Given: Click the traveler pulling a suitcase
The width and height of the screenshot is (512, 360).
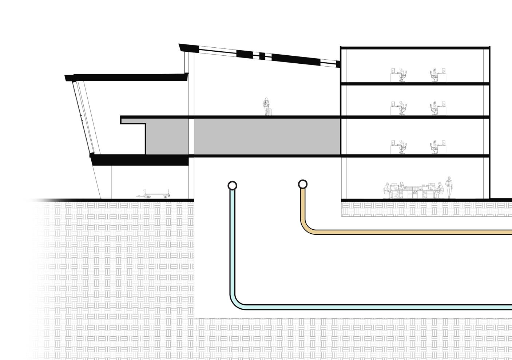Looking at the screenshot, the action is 267,106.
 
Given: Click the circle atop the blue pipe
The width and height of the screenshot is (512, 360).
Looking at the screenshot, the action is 232,186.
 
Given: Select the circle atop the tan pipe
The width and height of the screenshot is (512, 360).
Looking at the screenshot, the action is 303,184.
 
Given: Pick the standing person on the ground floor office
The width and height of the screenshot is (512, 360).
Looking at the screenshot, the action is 449,187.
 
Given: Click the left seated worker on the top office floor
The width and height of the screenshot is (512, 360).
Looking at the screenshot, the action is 401,75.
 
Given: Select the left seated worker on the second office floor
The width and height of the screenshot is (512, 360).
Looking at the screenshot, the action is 401,108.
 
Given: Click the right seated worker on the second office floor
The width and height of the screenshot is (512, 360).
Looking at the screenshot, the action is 434,108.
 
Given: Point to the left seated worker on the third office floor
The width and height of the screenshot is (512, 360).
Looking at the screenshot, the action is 401,147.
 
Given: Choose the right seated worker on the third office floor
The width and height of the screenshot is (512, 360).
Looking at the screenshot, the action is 434,147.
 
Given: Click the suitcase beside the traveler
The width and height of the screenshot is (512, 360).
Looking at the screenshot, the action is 269,112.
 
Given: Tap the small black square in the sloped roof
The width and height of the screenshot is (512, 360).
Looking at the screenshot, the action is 262,56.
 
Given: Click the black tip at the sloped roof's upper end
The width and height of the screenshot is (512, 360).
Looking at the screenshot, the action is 181,47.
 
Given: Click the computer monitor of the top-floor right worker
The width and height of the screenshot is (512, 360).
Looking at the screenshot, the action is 443,70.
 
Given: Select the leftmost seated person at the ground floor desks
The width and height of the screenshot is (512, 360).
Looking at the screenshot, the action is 387,190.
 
